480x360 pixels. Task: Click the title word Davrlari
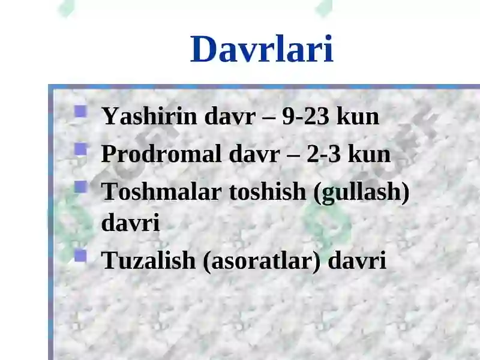(x=262, y=49)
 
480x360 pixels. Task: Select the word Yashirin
(x=149, y=116)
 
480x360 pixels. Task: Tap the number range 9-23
(x=306, y=116)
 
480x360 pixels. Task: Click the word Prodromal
(x=161, y=154)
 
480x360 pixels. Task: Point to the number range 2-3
(x=323, y=154)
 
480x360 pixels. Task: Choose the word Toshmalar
(x=161, y=191)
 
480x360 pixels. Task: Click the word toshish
(x=268, y=191)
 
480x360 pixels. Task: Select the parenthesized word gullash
(x=362, y=193)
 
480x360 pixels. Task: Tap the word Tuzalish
(x=148, y=260)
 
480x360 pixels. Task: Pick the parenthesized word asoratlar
(x=262, y=261)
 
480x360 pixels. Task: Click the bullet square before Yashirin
(x=80, y=112)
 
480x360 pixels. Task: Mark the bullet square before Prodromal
(x=80, y=149)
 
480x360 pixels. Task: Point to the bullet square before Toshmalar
(x=80, y=187)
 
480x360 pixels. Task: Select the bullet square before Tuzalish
(x=80, y=256)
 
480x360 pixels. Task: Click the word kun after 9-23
(x=358, y=116)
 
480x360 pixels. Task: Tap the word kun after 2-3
(x=370, y=154)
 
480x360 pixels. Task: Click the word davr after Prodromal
(x=254, y=154)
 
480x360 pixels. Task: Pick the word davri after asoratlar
(x=357, y=260)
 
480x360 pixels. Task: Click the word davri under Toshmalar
(x=130, y=222)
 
